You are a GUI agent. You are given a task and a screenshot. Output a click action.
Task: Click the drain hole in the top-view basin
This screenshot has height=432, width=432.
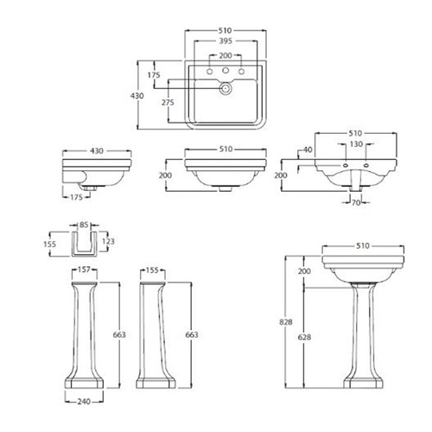tap(226, 87)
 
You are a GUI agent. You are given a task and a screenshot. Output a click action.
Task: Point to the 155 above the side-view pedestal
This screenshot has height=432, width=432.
tap(151, 270)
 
